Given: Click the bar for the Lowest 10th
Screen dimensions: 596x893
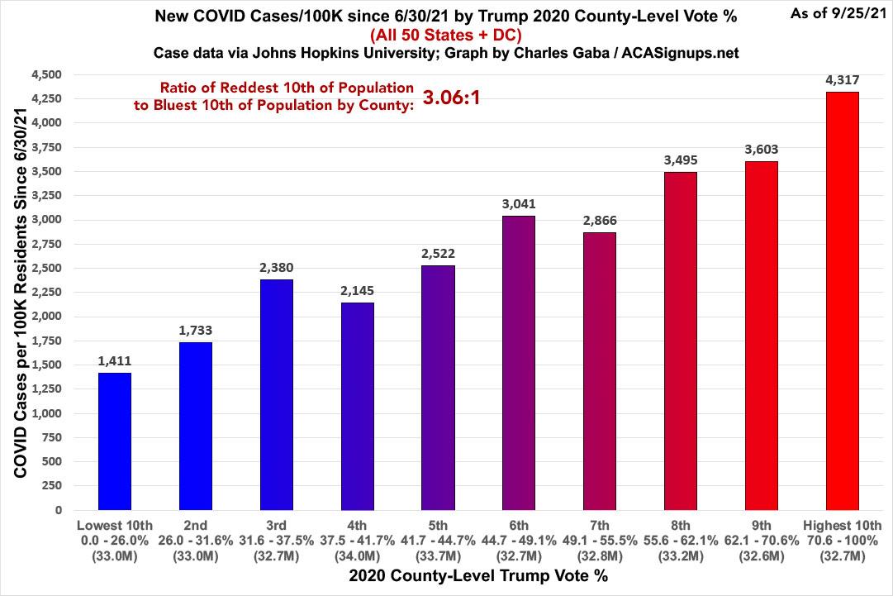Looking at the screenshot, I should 115,441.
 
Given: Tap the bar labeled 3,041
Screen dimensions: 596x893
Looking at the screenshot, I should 519,363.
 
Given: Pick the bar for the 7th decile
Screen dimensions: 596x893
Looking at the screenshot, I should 600,371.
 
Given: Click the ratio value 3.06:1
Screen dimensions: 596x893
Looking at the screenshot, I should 451,98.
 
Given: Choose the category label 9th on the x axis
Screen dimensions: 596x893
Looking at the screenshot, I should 762,526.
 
